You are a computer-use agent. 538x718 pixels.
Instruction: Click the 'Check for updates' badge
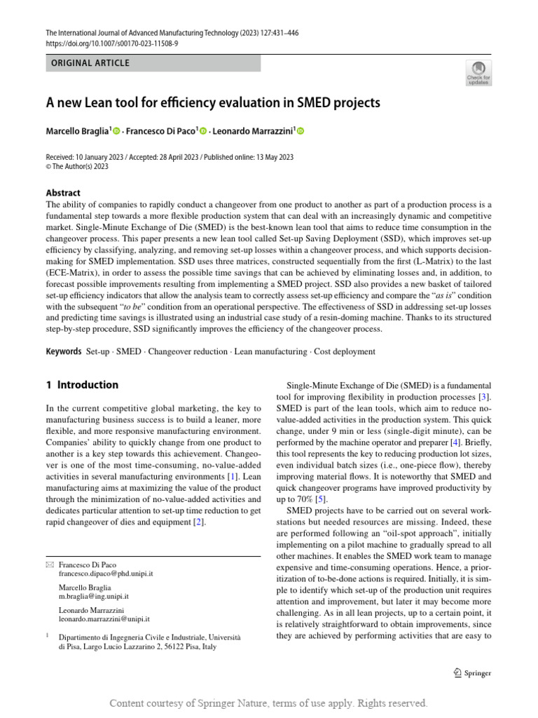tap(478, 72)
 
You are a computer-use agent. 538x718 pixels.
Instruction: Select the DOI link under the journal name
tap(112, 43)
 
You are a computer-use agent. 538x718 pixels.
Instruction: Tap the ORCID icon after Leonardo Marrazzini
tap(301, 130)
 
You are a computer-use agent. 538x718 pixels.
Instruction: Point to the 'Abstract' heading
tap(63, 193)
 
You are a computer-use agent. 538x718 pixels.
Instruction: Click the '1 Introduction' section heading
tap(82, 385)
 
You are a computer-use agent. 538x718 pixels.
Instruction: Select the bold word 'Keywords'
tap(64, 351)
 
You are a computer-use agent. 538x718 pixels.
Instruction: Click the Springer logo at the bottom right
tap(472, 673)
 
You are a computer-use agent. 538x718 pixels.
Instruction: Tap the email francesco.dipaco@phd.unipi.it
tap(106, 573)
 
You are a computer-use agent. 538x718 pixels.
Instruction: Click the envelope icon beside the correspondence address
tap(49, 564)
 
